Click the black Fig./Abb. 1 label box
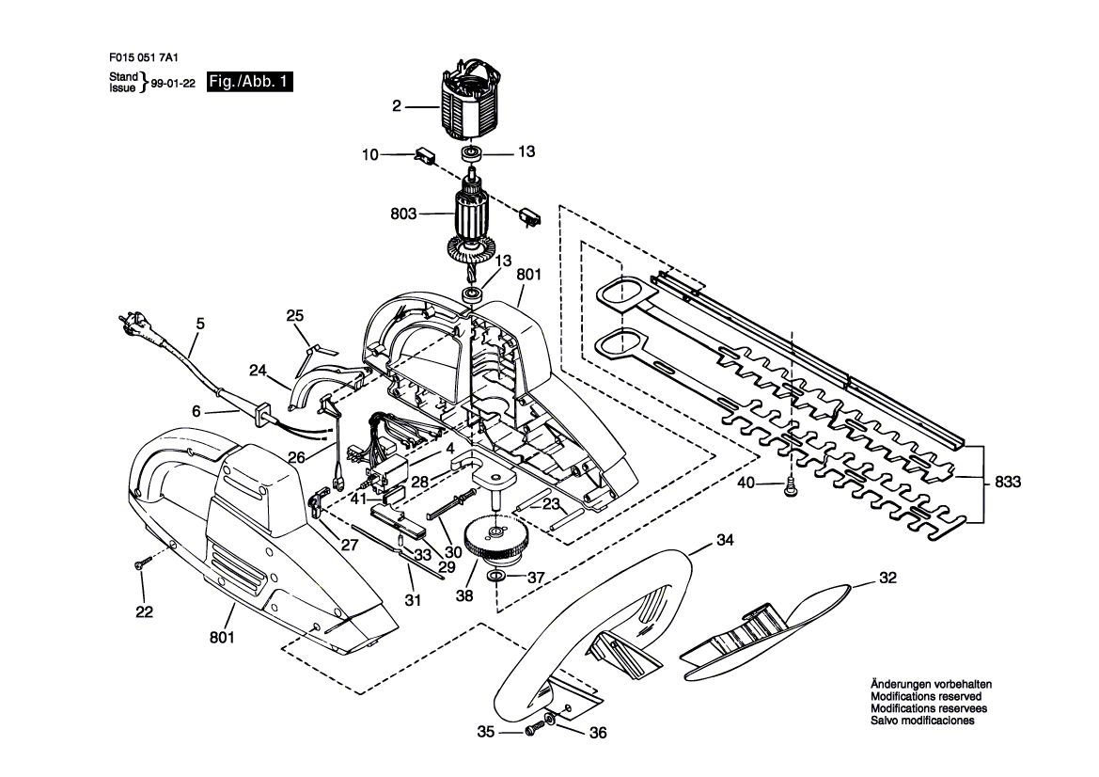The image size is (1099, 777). point(249,81)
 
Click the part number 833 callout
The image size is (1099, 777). point(1007,482)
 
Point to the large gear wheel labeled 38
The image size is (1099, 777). point(500,539)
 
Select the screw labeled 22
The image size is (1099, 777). point(145,563)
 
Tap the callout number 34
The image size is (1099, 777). point(725,540)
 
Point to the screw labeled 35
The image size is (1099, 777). point(535,729)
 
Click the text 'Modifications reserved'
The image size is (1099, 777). point(926,696)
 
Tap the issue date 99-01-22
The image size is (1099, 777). point(172,83)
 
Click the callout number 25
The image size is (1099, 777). point(295,315)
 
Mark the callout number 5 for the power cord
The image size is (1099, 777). point(200,324)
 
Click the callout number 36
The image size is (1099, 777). point(598,733)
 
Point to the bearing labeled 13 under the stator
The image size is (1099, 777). point(470,153)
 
